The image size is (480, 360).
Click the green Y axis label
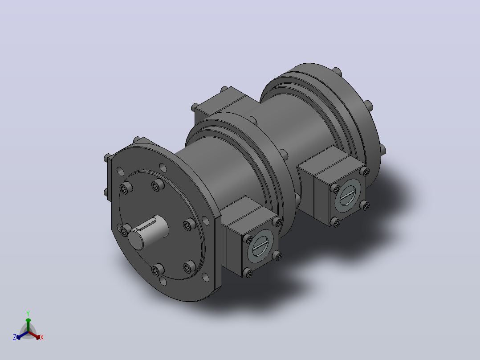(x=28, y=313)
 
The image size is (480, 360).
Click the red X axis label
(x=42, y=337)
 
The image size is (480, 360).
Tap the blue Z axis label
(x=15, y=337)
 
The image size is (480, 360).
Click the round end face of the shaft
(x=136, y=240)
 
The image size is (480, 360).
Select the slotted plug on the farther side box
(x=347, y=196)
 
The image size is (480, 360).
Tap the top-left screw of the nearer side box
(x=248, y=239)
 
